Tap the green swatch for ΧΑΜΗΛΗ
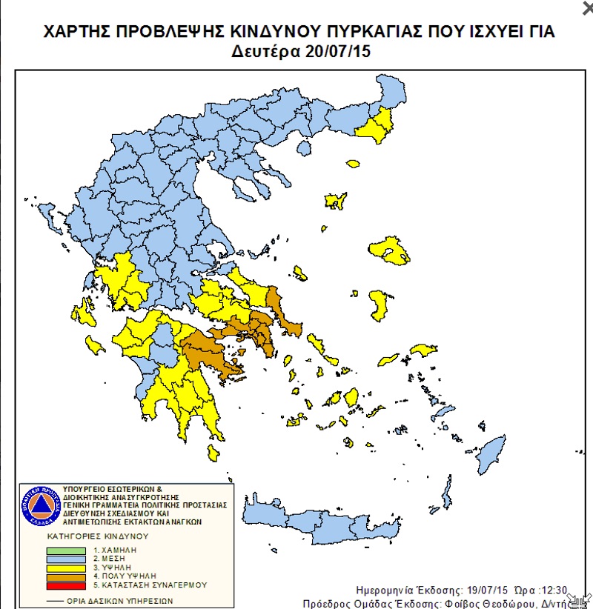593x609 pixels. tap(66, 550)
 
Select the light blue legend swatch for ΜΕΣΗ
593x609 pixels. tap(66, 559)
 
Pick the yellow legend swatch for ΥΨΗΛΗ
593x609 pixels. tap(66, 567)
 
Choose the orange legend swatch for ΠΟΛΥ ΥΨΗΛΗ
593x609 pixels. tap(66, 576)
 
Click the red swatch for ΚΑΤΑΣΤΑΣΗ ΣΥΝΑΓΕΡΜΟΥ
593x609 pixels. tap(66, 585)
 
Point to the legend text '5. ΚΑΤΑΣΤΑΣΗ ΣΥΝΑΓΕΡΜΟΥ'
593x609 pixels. tap(150, 585)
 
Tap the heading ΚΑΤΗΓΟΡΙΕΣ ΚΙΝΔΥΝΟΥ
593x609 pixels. tap(98, 535)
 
